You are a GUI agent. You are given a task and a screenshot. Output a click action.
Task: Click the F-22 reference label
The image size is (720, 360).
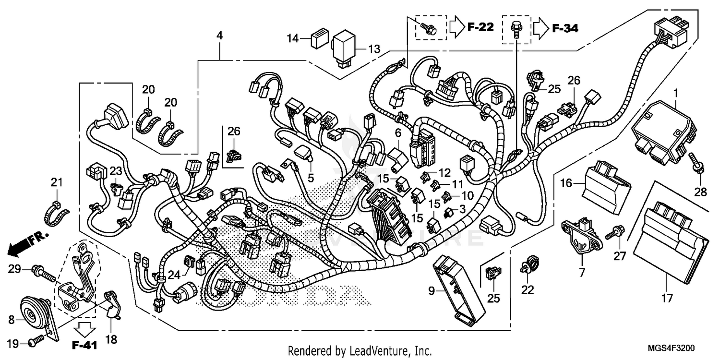coord(480,28)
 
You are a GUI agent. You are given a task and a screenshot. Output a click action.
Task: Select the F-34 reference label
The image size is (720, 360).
coord(565,28)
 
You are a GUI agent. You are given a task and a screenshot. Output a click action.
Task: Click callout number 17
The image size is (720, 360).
coord(666,299)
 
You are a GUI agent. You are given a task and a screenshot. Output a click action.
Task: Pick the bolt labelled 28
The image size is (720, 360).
coord(696,163)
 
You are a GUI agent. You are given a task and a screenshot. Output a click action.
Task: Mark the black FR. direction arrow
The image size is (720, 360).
coord(18,248)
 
